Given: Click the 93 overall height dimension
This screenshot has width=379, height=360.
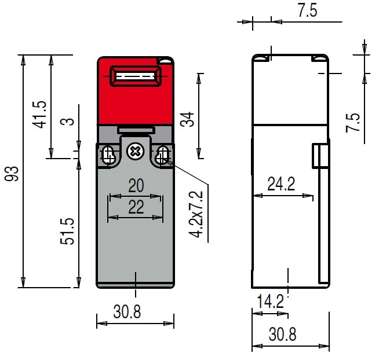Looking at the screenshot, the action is click(x=12, y=174).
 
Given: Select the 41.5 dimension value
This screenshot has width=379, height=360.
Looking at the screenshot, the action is click(x=39, y=115).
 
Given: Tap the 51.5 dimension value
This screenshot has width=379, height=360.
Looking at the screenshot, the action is click(x=67, y=232).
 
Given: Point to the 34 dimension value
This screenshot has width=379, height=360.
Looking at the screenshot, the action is click(x=187, y=119).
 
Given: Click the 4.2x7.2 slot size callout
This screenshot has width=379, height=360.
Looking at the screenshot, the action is click(x=196, y=214).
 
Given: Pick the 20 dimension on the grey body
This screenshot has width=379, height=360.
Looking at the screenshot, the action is click(x=136, y=185).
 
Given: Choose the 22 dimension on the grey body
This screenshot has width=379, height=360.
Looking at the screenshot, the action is click(x=136, y=207).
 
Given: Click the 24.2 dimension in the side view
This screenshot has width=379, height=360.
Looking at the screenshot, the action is click(x=281, y=184).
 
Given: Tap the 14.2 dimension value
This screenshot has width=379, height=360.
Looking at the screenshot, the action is click(x=270, y=302).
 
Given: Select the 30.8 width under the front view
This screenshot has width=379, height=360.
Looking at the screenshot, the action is click(x=127, y=311).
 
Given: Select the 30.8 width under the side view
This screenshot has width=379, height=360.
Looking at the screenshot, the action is click(x=283, y=334).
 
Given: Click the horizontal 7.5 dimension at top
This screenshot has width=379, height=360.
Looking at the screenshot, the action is click(x=307, y=10).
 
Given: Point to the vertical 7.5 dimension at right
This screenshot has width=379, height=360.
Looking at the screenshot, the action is click(x=353, y=123).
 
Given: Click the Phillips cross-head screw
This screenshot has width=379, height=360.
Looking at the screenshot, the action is click(x=136, y=152).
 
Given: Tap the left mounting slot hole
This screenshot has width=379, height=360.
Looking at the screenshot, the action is click(x=108, y=155).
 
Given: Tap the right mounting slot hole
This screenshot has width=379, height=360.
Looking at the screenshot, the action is click(x=162, y=155).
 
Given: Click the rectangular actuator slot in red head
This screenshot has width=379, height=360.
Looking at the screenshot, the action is click(x=136, y=76).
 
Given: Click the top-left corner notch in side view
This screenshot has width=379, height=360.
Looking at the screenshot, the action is click(x=261, y=58).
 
